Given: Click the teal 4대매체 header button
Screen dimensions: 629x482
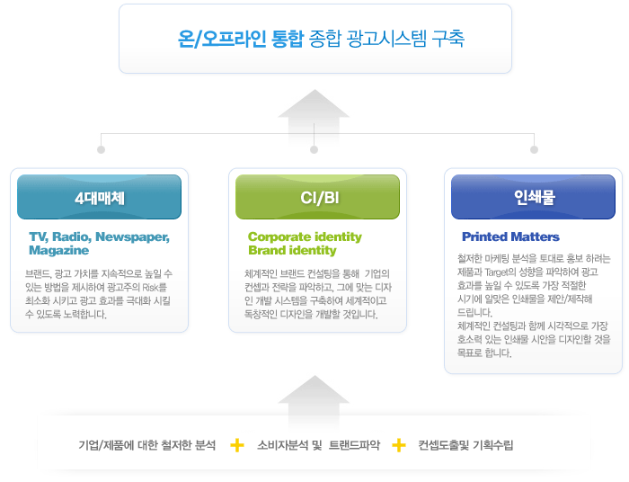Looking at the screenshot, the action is (x=99, y=197).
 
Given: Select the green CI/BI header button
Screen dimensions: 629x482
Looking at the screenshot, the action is (x=317, y=197).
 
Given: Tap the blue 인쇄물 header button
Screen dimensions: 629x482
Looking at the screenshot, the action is (x=533, y=197).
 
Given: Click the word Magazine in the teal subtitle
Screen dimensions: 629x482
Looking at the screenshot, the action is (x=59, y=250).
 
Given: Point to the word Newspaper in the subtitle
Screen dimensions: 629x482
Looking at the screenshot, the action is (x=132, y=237).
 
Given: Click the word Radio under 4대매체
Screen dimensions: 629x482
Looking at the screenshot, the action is (x=72, y=237).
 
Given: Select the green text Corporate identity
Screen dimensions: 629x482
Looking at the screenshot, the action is (x=305, y=237).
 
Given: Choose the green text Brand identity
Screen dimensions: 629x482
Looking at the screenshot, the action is (x=292, y=250).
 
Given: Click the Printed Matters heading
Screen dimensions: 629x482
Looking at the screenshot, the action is (x=510, y=237).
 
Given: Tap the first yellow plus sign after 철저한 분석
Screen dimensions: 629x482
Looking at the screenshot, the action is (x=237, y=445).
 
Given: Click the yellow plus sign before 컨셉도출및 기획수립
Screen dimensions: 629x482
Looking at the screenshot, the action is (x=399, y=445).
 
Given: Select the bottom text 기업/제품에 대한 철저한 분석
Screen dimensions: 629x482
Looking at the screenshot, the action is (x=146, y=445).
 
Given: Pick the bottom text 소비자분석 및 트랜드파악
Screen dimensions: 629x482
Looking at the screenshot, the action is (x=318, y=445).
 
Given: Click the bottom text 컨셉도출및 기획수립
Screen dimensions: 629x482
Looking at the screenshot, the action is (x=465, y=445).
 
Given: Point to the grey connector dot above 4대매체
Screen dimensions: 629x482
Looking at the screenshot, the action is (x=101, y=149).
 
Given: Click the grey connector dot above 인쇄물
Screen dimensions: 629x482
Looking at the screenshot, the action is (x=534, y=149).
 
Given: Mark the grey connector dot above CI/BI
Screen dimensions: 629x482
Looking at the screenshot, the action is (x=314, y=149).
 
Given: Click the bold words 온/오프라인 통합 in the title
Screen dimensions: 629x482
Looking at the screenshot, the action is (x=241, y=39).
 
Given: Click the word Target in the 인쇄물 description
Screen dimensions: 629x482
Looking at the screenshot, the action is (x=497, y=272).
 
